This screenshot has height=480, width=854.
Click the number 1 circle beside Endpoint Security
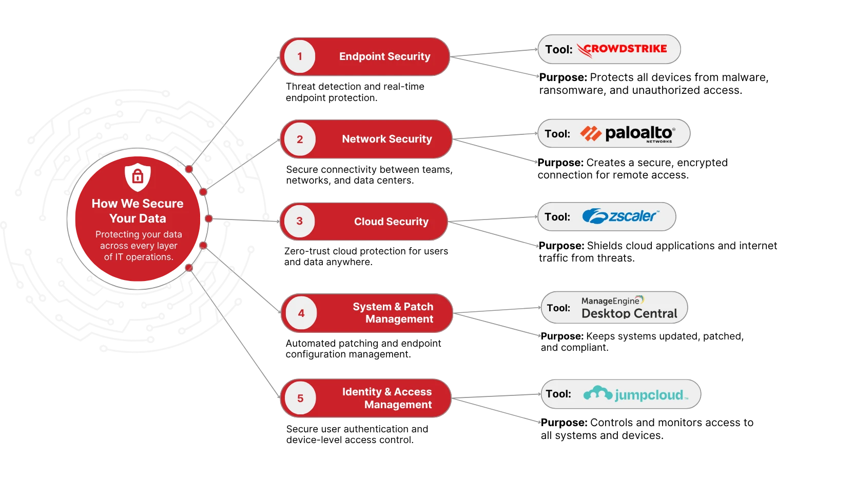click(300, 56)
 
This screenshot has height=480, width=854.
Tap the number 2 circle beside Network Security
click(300, 139)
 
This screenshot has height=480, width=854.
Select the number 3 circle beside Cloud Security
click(300, 222)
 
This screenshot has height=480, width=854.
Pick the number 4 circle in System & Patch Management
click(301, 313)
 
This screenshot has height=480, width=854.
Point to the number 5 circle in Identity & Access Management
click(300, 398)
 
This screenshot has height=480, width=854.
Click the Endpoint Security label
click(384, 56)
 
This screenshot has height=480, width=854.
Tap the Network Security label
click(387, 139)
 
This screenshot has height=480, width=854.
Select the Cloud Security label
click(391, 222)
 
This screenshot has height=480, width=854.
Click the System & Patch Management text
click(393, 313)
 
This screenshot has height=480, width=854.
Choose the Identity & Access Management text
click(387, 398)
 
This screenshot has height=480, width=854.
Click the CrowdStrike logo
click(622, 50)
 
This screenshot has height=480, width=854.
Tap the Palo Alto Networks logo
click(628, 134)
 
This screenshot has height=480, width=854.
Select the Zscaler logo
click(620, 216)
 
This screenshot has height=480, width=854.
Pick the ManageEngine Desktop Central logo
click(629, 308)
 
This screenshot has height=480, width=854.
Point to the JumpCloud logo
click(635, 394)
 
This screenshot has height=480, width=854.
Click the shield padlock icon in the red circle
click(138, 177)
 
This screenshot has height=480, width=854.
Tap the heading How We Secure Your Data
click(138, 211)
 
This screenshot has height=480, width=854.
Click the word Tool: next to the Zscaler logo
click(557, 217)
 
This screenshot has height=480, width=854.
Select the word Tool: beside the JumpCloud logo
click(558, 394)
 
